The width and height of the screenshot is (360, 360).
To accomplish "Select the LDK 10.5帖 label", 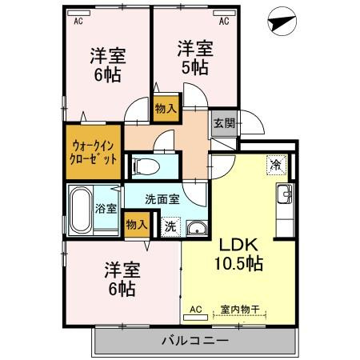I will (x=237, y=254).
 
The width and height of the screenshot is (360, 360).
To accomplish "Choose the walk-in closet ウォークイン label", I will (x=94, y=146).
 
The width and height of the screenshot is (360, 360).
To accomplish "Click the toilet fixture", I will (x=146, y=166).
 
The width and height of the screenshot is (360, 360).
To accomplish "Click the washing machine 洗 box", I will (x=170, y=226).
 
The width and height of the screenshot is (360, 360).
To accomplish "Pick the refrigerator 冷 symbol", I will (x=275, y=166).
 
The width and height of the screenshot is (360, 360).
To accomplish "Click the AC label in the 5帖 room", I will (x=224, y=22).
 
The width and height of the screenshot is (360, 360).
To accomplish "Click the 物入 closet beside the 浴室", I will (x=137, y=225).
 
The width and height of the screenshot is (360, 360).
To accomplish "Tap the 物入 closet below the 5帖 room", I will (x=166, y=108).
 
